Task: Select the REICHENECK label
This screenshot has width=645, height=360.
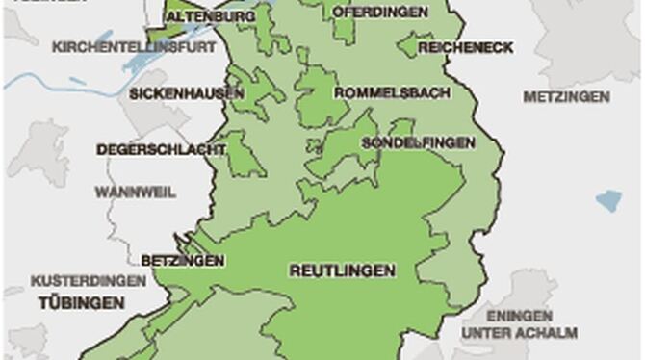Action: point(452,47)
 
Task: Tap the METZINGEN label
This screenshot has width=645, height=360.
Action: point(566,96)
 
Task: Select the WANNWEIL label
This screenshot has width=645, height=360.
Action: point(135,192)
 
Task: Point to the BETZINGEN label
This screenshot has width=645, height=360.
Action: point(183,261)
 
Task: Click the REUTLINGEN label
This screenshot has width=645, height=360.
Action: point(342,271)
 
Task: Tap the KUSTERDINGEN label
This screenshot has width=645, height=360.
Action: point(89,281)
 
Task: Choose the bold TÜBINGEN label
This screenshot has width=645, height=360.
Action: point(82,303)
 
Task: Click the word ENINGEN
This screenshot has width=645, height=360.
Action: point(519,316)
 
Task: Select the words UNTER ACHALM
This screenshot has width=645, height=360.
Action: point(519,333)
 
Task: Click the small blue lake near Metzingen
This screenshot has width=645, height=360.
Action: point(607,200)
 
